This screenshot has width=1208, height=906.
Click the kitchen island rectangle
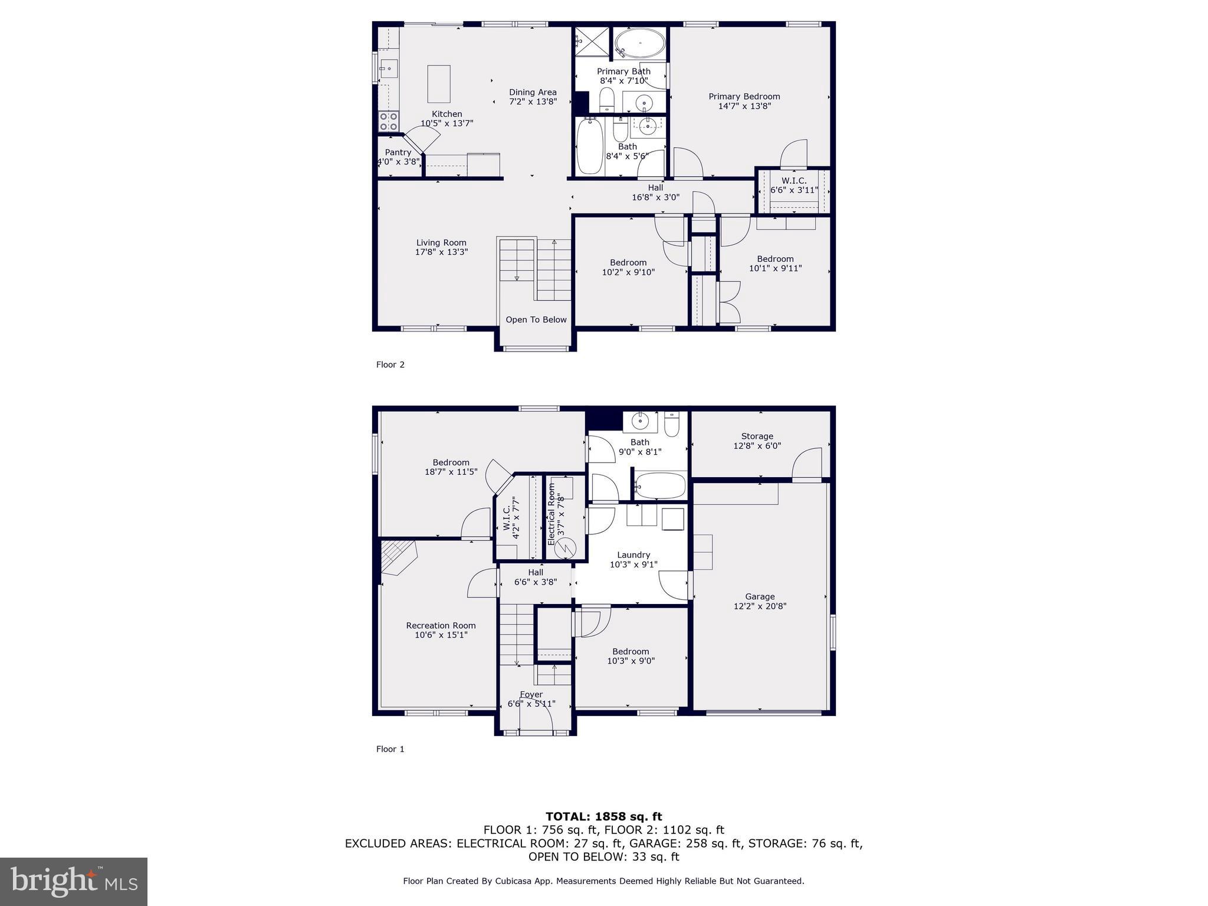click(439, 84)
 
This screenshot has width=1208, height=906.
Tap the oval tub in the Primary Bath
click(640, 44)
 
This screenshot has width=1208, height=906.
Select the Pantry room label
click(398, 152)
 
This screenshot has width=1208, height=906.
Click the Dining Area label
click(533, 92)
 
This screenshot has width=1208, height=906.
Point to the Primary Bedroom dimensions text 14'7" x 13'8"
click(744, 106)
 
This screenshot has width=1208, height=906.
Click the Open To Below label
click(536, 320)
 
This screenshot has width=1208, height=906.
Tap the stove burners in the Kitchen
click(388, 122)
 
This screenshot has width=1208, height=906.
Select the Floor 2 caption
click(390, 365)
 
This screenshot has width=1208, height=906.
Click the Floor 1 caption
click(390, 749)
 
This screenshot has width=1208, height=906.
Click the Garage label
click(760, 596)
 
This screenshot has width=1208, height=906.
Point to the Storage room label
click(757, 436)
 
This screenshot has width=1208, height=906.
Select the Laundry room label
click(633, 554)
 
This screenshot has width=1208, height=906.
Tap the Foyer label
click(531, 694)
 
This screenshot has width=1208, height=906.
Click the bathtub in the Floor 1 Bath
click(660, 486)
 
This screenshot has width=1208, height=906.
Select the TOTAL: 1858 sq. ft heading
click(603, 816)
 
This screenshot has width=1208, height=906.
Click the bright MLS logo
click(74, 881)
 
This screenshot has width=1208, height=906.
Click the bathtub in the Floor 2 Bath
click(589, 146)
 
